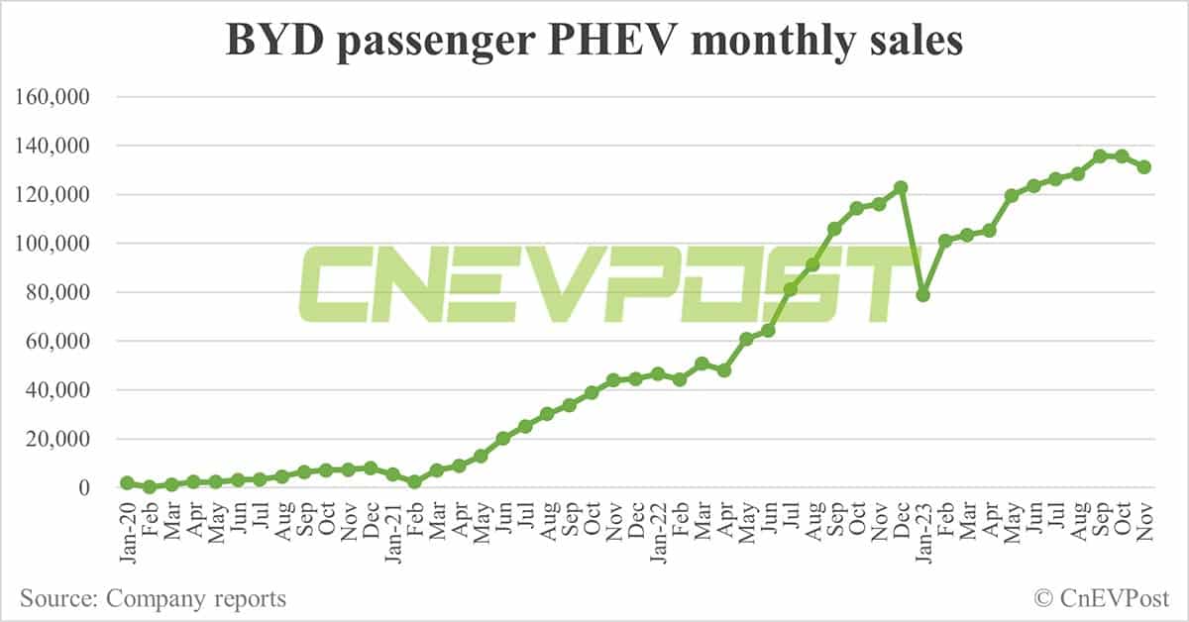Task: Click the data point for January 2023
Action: (923, 295)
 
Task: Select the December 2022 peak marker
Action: (901, 187)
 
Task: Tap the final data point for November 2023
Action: (1144, 167)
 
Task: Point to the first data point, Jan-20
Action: (127, 482)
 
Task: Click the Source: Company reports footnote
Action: (153, 598)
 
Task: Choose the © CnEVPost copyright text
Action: (1101, 598)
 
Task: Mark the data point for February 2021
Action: (414, 481)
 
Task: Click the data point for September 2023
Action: (1100, 156)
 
